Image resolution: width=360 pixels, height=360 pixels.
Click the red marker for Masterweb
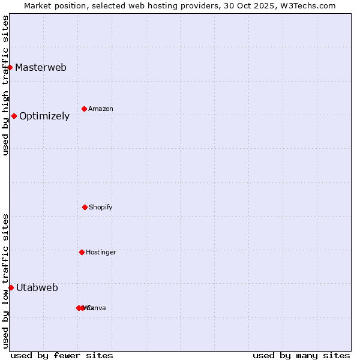[x=10, y=67]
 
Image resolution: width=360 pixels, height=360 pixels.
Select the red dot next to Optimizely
[x=14, y=116]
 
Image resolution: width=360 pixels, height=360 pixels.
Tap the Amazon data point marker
[x=85, y=109]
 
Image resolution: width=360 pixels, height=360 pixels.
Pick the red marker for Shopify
[x=85, y=207]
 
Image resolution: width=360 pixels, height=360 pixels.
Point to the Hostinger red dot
[x=82, y=252]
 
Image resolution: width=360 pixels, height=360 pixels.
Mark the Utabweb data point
[x=11, y=287]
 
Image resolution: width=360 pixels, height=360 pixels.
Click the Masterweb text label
[x=41, y=67]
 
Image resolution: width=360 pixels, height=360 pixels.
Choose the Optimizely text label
[x=44, y=116]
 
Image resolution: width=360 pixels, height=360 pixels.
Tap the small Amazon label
[x=101, y=109]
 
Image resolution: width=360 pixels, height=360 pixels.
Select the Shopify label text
[x=101, y=207]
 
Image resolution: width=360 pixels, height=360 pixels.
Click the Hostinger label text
[x=101, y=252]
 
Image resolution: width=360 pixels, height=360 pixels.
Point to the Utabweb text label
[x=37, y=287]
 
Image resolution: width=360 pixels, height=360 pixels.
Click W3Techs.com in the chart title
[x=306, y=5]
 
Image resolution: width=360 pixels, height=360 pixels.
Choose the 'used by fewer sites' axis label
[x=62, y=355]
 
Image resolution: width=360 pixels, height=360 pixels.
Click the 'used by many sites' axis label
[x=301, y=355]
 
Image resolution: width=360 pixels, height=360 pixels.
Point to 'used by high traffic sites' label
[x=5, y=85]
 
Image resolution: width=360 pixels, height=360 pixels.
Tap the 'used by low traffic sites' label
[x=5, y=281]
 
